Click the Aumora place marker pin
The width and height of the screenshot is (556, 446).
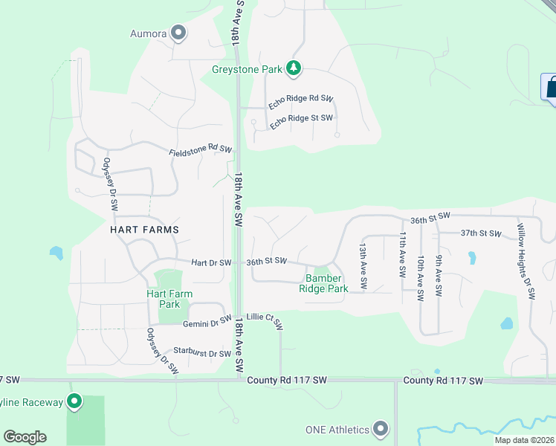[x=178, y=32]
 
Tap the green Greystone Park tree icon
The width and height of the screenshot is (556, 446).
[x=294, y=69]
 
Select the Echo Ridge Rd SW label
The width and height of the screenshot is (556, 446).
[x=300, y=103]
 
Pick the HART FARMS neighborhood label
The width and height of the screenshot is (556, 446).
[x=144, y=230]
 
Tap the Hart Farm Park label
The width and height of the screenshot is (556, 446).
[x=169, y=299]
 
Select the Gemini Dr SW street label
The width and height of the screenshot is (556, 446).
[x=201, y=320]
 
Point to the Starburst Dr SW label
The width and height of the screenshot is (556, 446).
[x=202, y=352]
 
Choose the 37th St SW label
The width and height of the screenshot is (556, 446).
[x=481, y=233]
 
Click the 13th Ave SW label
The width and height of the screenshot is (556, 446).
[x=363, y=265]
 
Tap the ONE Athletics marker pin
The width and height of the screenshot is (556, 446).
[x=381, y=429]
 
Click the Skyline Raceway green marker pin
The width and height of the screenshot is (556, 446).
[x=74, y=402]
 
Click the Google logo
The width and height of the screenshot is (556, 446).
[x=25, y=437]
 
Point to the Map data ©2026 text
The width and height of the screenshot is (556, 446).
[x=524, y=440]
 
